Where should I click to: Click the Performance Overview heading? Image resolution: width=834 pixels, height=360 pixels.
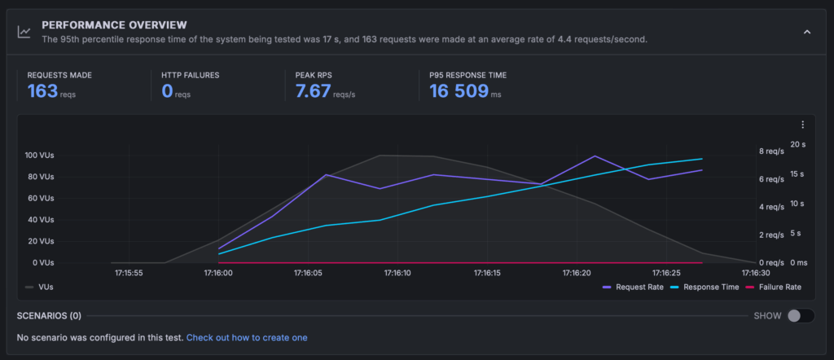tap(114, 25)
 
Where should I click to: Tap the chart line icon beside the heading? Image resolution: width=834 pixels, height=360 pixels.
tap(25, 32)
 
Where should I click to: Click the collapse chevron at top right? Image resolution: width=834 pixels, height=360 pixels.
tap(807, 32)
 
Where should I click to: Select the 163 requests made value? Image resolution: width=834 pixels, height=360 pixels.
tap(42, 90)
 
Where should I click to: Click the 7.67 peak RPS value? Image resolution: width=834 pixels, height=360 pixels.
tap(314, 90)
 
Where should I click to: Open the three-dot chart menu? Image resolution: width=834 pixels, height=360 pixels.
tap(802, 125)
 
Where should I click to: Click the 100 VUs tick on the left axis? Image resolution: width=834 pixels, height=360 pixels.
tap(40, 156)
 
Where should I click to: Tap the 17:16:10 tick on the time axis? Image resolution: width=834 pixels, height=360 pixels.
tap(397, 274)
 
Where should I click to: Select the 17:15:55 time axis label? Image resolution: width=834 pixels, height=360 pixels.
tap(131, 274)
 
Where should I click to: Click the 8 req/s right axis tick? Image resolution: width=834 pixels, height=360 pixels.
tap(772, 151)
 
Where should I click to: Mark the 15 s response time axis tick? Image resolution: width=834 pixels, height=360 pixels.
tap(798, 174)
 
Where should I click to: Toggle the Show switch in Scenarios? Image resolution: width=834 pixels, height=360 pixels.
tap(799, 316)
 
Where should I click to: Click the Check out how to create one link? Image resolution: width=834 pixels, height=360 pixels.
tap(247, 337)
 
